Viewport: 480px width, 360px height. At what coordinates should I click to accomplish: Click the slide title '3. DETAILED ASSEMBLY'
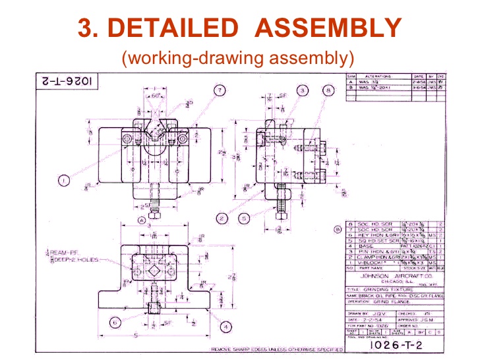[239, 28]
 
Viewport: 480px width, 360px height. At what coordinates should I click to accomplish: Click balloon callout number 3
[303, 90]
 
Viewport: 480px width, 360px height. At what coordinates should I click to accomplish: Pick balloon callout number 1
[64, 178]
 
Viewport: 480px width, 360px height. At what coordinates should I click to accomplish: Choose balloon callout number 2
[222, 218]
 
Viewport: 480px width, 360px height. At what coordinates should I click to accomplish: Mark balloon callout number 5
[245, 218]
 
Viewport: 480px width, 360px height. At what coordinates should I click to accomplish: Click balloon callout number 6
[115, 322]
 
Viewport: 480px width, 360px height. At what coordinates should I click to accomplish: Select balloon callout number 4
[225, 326]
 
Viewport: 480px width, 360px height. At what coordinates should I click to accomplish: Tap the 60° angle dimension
[157, 96]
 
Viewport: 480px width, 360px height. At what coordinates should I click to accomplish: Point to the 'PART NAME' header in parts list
[373, 268]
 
